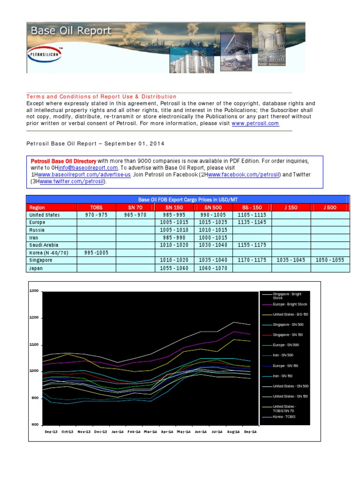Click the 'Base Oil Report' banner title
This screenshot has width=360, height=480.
point(71,31)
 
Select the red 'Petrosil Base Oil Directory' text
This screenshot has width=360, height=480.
point(63,161)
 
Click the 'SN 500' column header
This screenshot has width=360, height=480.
point(213,207)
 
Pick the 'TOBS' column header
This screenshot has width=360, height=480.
point(96,207)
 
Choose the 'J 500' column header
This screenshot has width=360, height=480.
point(330,207)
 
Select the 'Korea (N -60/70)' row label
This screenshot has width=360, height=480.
point(49,252)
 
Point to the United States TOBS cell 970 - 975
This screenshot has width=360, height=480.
point(96,215)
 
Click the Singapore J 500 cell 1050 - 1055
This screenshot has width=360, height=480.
point(330,260)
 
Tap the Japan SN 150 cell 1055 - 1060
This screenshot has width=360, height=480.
point(174,268)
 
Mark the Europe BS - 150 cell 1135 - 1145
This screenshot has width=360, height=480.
point(252,222)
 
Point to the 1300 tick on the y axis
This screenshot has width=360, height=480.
point(35,291)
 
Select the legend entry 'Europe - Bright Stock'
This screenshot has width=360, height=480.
point(290,304)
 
